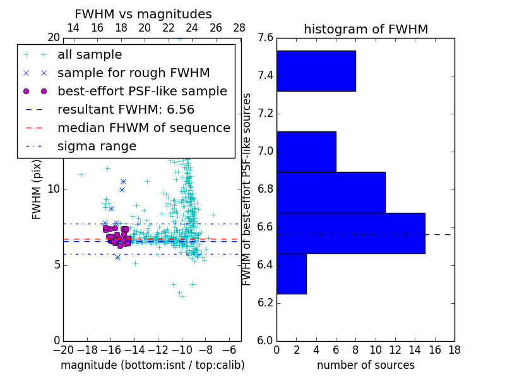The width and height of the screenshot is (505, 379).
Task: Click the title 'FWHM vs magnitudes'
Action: coord(143,14)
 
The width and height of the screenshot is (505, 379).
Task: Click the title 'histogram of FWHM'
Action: coord(365,29)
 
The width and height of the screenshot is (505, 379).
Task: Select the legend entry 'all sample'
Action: coord(90,55)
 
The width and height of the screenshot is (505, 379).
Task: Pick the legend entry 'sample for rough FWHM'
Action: coord(133,73)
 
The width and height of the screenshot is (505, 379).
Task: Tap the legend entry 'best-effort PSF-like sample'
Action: coord(142,92)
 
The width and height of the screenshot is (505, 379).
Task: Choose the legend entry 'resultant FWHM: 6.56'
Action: coord(126,110)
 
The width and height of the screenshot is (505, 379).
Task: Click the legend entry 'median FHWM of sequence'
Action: coord(143,128)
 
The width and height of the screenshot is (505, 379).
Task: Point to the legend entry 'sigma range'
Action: coord(97,147)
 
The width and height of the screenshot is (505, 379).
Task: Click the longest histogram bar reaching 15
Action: coord(350,233)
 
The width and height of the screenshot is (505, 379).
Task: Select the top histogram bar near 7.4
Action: coord(316,71)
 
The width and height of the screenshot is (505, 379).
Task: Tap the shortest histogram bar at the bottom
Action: coord(291,274)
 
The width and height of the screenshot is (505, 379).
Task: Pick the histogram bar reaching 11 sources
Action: coord(331,192)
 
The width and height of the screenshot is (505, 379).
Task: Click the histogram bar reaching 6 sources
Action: coord(306,152)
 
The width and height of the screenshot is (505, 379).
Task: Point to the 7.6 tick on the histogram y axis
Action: coord(265,38)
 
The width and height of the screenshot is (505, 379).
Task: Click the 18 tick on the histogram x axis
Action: coord(454,350)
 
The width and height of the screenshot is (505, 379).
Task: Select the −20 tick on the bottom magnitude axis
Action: coord(63,350)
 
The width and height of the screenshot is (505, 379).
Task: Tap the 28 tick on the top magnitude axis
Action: coord(239,28)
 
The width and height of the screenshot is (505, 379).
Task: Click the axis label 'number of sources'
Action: coord(365,365)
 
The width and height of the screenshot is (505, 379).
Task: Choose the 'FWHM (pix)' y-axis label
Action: coord(37,189)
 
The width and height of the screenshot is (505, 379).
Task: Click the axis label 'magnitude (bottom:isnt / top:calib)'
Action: coord(152,365)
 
